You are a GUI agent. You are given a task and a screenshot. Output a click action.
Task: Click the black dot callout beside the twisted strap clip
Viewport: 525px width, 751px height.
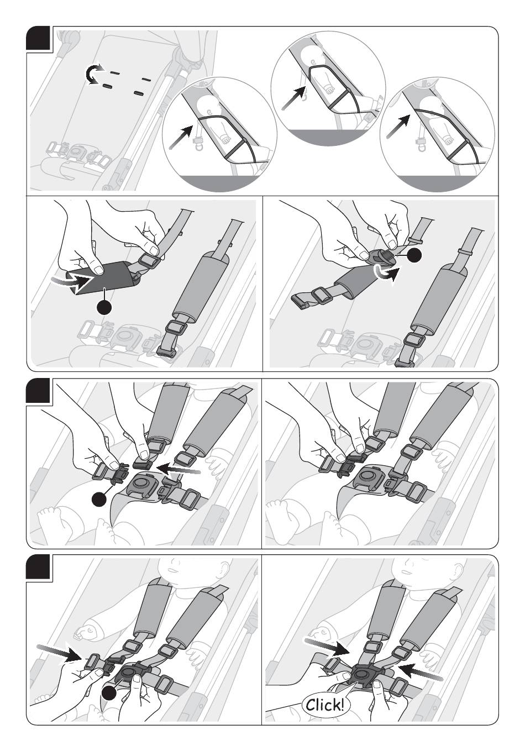(x=416, y=255)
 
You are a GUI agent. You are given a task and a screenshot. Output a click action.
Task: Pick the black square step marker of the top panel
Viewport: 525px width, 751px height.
(x=40, y=39)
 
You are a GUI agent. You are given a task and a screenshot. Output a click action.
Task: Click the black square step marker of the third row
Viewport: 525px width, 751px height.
(x=40, y=391)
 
